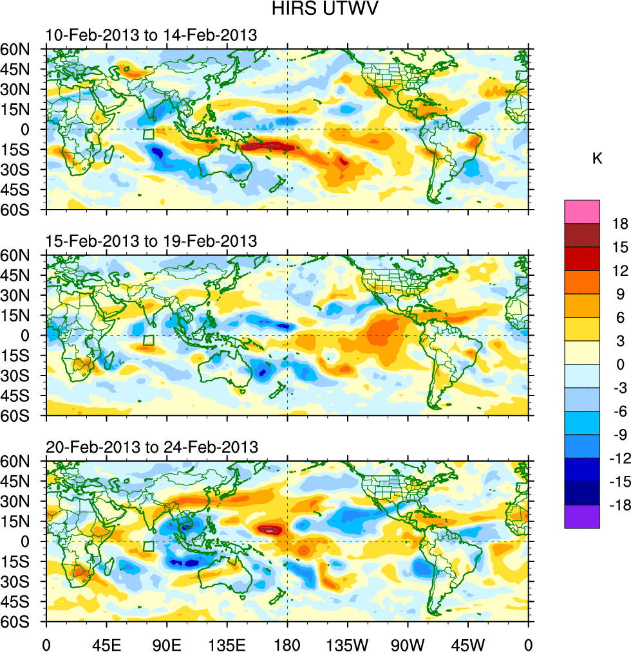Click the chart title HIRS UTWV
315,10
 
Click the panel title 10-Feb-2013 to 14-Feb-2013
151,35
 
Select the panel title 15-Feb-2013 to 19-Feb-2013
151,242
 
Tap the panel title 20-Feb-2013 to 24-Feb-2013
151,447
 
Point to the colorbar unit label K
597,159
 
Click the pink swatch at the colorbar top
581,212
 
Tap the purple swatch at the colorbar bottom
581,516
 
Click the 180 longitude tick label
287,643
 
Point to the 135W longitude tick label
347,643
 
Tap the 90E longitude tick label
167,643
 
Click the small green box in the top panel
148,134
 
